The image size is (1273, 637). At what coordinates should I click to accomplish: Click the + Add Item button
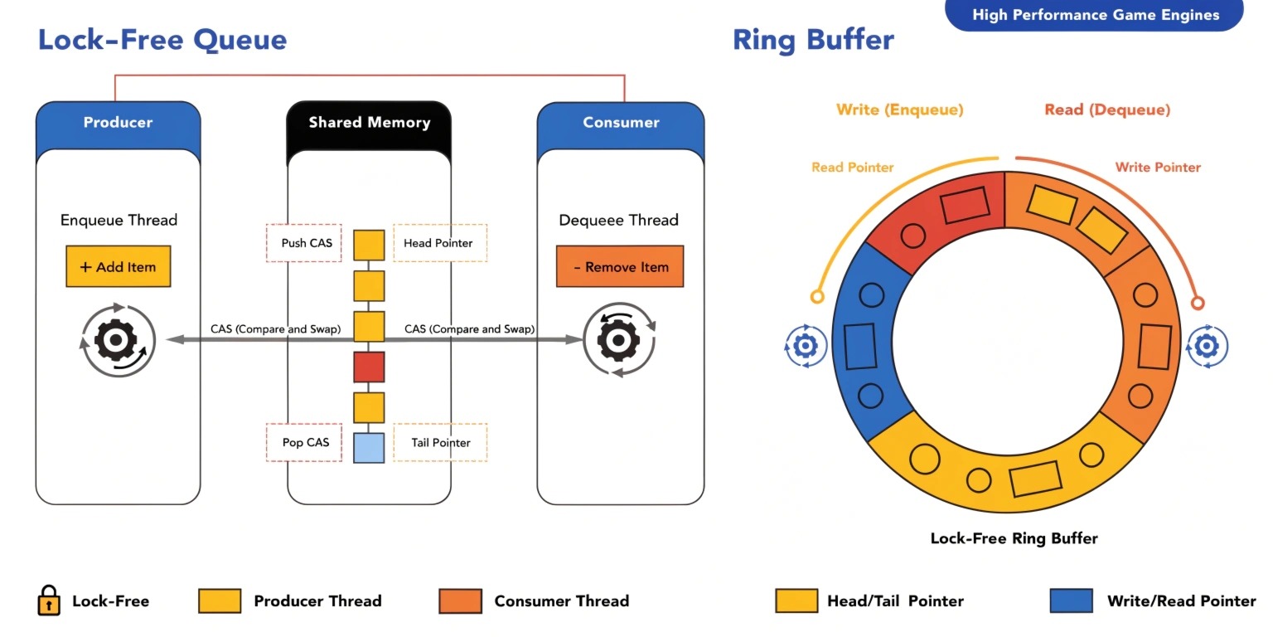tap(118, 266)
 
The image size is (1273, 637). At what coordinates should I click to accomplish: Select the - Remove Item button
tap(619, 266)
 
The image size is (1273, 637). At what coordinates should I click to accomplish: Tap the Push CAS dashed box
tap(303, 243)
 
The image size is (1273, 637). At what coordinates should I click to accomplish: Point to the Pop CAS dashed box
tap(303, 442)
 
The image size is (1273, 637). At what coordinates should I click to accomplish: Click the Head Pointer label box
tap(439, 243)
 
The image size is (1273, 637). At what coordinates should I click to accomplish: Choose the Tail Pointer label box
tap(439, 442)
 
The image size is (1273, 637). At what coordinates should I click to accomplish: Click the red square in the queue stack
tap(369, 367)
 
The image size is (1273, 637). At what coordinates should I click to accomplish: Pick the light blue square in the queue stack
tap(369, 448)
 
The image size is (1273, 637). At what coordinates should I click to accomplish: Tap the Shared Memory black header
tap(369, 123)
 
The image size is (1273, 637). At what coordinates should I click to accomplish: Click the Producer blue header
tap(118, 123)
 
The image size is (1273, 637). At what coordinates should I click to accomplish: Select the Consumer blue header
tap(620, 123)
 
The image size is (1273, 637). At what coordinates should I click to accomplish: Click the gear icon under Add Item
tap(117, 340)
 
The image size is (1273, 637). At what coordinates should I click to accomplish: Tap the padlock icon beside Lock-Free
tap(49, 601)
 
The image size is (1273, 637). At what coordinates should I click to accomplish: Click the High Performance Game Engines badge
tap(1095, 15)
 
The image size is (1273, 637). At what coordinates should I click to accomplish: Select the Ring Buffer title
tap(813, 40)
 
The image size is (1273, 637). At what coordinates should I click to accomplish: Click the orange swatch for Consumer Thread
tap(460, 601)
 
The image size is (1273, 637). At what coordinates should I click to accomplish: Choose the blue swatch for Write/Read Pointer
tap(1071, 601)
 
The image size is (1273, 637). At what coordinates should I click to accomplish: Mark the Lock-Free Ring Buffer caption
tap(1014, 538)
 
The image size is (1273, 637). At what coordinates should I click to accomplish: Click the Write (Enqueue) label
tap(899, 109)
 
